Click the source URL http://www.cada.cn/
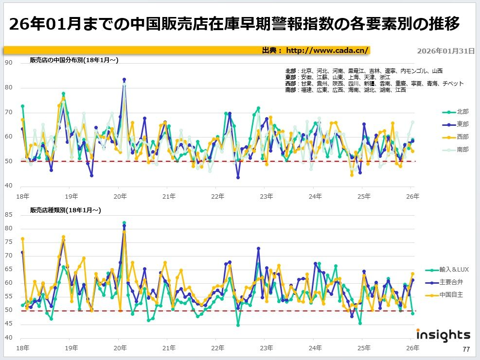coord(327,50)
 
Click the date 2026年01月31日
coord(446,51)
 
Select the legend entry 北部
coord(462,112)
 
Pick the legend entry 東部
coord(462,124)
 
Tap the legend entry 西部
coord(462,137)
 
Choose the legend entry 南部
coord(462,150)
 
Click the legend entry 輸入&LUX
coord(454,270)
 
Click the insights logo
coord(443,335)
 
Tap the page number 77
coord(466,349)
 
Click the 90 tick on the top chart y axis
coord(9,63)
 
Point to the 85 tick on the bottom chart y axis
coord(9,214)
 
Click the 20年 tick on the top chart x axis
coord(120,196)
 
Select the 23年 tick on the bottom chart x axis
coord(266,348)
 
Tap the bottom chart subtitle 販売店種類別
coord(65,210)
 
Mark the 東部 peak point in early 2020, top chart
coord(124,80)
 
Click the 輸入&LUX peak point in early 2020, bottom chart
coord(124,223)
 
